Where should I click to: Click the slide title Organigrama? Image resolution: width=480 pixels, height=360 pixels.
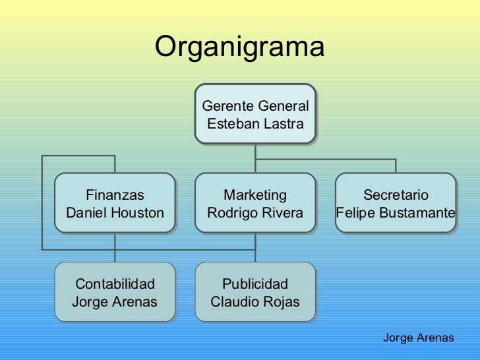coord(239,47)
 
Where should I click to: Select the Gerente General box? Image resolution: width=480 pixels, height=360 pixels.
coord(255,114)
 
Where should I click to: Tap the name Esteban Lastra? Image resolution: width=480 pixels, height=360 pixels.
coord(255,124)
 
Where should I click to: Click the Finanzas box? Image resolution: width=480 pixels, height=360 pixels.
coord(115,203)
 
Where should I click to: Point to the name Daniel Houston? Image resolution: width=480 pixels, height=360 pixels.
coord(115,213)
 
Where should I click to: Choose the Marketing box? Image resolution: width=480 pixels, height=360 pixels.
coord(255,203)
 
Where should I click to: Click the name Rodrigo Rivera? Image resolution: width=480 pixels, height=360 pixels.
coord(255,213)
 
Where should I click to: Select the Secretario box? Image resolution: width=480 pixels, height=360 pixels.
coord(396,203)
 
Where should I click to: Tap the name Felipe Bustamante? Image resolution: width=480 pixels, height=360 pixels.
coord(396,213)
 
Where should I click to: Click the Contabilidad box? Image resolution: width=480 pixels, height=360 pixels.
coord(115,292)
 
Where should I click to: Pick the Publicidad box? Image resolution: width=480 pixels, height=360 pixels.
coord(255,292)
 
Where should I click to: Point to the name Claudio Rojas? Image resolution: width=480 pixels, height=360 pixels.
coord(255,302)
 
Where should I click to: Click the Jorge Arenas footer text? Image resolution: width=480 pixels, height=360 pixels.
coord(418,338)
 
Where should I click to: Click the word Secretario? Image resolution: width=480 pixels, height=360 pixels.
coord(396,195)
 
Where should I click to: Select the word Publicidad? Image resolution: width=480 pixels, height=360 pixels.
coord(255,284)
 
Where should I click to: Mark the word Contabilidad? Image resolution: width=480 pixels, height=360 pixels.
coord(115,284)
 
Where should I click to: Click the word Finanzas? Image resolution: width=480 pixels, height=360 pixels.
coord(115,195)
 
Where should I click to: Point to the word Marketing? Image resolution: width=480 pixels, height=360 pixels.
coord(255,195)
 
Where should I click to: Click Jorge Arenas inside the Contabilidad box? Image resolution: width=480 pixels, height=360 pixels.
coord(115,302)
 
